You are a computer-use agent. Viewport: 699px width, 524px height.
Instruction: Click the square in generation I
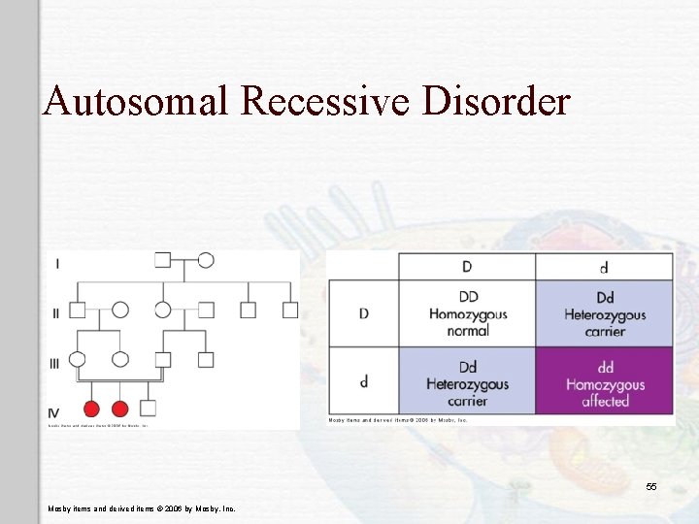click(163, 260)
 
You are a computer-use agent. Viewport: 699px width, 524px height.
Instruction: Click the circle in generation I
click(206, 260)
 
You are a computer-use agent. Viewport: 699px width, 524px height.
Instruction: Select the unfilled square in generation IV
click(148, 408)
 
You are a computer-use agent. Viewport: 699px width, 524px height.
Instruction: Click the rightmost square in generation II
click(290, 311)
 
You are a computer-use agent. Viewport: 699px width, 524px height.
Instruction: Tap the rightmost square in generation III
click(206, 359)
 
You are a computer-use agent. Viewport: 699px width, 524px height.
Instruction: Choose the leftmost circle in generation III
click(78, 359)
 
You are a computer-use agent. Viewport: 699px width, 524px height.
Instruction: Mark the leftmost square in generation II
click(78, 311)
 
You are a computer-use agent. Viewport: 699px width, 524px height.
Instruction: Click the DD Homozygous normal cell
click(467, 314)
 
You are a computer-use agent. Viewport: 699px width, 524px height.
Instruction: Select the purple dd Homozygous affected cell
click(605, 381)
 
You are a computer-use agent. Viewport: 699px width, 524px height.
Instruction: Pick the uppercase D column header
click(467, 267)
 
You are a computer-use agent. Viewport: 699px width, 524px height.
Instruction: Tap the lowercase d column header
click(605, 267)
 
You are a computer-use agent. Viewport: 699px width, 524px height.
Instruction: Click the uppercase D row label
click(364, 314)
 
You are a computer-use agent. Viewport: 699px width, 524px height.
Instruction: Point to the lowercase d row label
click(364, 381)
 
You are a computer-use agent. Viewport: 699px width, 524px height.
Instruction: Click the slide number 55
click(651, 486)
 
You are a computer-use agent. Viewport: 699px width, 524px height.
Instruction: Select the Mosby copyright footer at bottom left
click(141, 508)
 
